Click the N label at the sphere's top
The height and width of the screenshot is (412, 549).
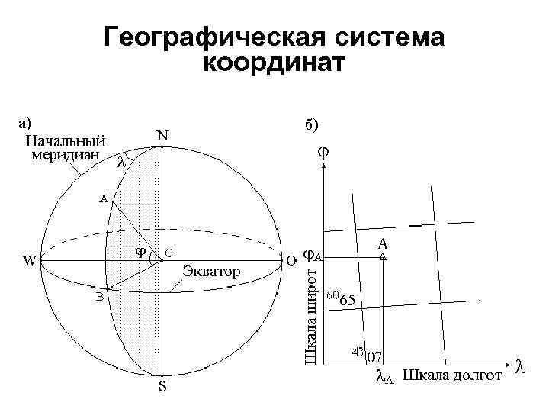click(163, 134)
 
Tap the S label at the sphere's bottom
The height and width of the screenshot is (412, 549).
click(162, 387)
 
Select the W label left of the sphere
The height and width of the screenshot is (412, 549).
click(29, 260)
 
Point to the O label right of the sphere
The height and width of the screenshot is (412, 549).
click(291, 259)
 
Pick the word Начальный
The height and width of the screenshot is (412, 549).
click(66, 141)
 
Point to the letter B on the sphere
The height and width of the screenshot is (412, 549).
click(99, 297)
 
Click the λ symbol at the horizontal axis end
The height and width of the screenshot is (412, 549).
click(521, 365)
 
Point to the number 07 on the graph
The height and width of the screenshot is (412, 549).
click(374, 356)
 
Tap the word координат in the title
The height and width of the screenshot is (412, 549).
click(274, 63)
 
